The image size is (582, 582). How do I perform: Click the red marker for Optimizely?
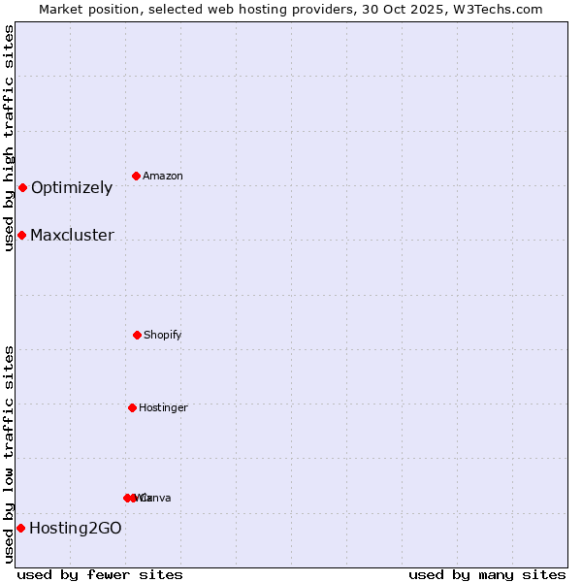tap(22, 187)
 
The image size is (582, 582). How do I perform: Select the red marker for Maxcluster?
tap(21, 235)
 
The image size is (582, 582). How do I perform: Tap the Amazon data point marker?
tap(137, 176)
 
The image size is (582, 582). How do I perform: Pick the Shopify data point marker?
tap(137, 335)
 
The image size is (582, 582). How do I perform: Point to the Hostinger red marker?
tap(132, 407)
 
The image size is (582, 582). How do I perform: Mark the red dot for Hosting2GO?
tap(20, 528)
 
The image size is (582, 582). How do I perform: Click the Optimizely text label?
tap(72, 188)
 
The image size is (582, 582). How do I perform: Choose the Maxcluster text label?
tap(72, 236)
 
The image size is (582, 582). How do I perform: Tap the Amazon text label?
tap(163, 177)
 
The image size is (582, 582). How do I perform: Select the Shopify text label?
tap(163, 336)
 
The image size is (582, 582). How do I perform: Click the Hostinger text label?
tap(163, 408)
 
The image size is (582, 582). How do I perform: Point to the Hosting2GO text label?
tap(76, 529)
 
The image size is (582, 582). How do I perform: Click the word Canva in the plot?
tap(156, 499)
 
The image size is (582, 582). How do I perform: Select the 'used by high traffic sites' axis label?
tap(10, 138)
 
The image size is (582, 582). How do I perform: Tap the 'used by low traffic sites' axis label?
tap(10, 454)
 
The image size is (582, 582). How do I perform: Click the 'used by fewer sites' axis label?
tap(100, 575)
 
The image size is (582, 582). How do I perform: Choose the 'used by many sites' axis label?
tap(487, 575)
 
